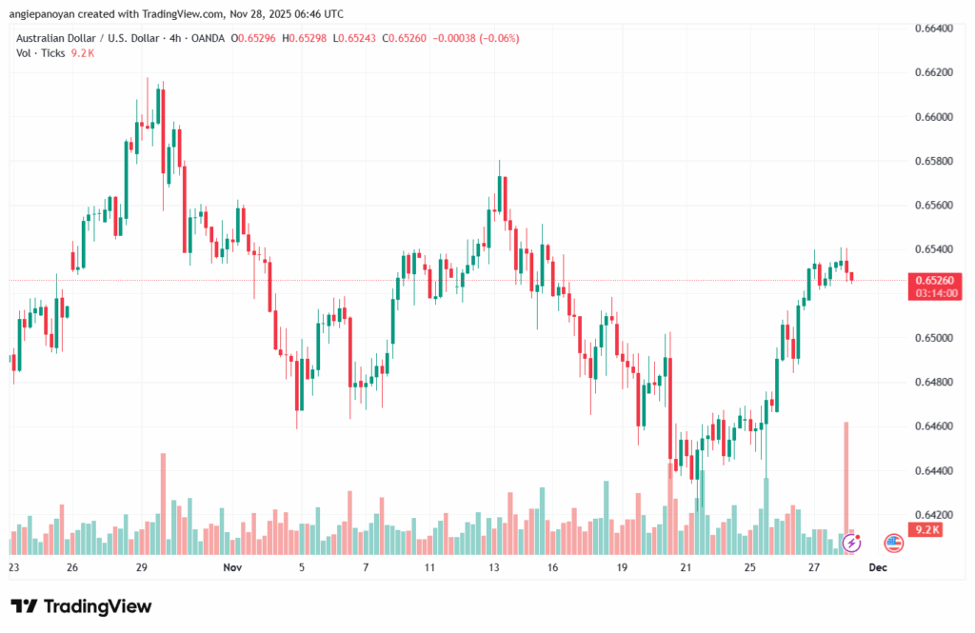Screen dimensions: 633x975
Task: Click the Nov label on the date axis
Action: coord(232,567)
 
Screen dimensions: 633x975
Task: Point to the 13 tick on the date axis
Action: coord(494,567)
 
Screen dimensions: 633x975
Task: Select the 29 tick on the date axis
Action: coord(141,567)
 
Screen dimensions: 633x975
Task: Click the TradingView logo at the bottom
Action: coord(81,606)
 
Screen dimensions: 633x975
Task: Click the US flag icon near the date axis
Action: coord(893,543)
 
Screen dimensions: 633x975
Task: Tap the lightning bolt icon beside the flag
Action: coord(853,543)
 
